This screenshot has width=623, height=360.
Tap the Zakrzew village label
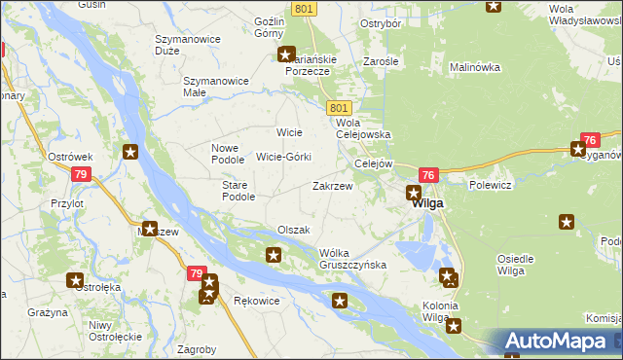(332, 185)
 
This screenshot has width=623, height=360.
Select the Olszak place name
(293, 230)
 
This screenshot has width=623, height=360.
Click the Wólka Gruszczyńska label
(352, 259)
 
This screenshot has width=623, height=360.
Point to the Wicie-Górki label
(283, 157)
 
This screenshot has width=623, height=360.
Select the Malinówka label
(474, 67)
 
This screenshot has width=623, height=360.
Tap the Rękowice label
(257, 301)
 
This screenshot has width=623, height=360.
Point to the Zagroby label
(198, 348)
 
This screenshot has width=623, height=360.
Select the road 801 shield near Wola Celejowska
(339, 107)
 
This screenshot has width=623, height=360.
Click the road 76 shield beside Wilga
(430, 174)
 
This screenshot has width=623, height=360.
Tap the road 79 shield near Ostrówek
(82, 174)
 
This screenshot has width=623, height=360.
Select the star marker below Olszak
(274, 256)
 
